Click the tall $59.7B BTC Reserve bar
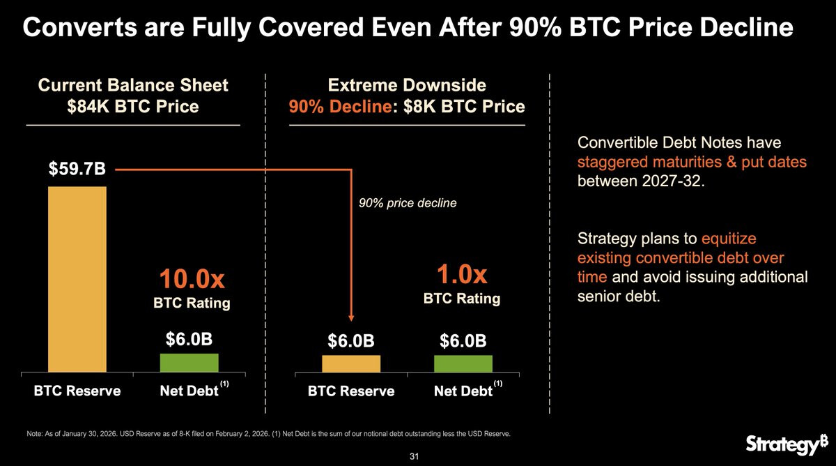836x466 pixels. pyautogui.click(x=77, y=279)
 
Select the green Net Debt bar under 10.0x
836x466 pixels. pyautogui.click(x=189, y=363)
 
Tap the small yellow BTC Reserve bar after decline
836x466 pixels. pyautogui.click(x=351, y=364)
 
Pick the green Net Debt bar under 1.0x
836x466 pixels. pyautogui.click(x=463, y=364)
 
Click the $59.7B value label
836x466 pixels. pyautogui.click(x=77, y=170)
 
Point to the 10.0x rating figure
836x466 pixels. pyautogui.click(x=191, y=279)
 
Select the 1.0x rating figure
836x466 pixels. pyautogui.click(x=462, y=273)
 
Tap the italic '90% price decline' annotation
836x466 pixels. pyautogui.click(x=398, y=203)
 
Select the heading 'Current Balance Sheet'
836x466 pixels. pyautogui.click(x=133, y=85)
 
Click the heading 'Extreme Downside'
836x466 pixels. pyautogui.click(x=407, y=85)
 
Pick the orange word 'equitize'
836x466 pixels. pyautogui.click(x=729, y=239)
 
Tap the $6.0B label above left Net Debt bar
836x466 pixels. pyautogui.click(x=189, y=340)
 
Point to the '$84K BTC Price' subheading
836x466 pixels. pyautogui.click(x=133, y=107)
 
